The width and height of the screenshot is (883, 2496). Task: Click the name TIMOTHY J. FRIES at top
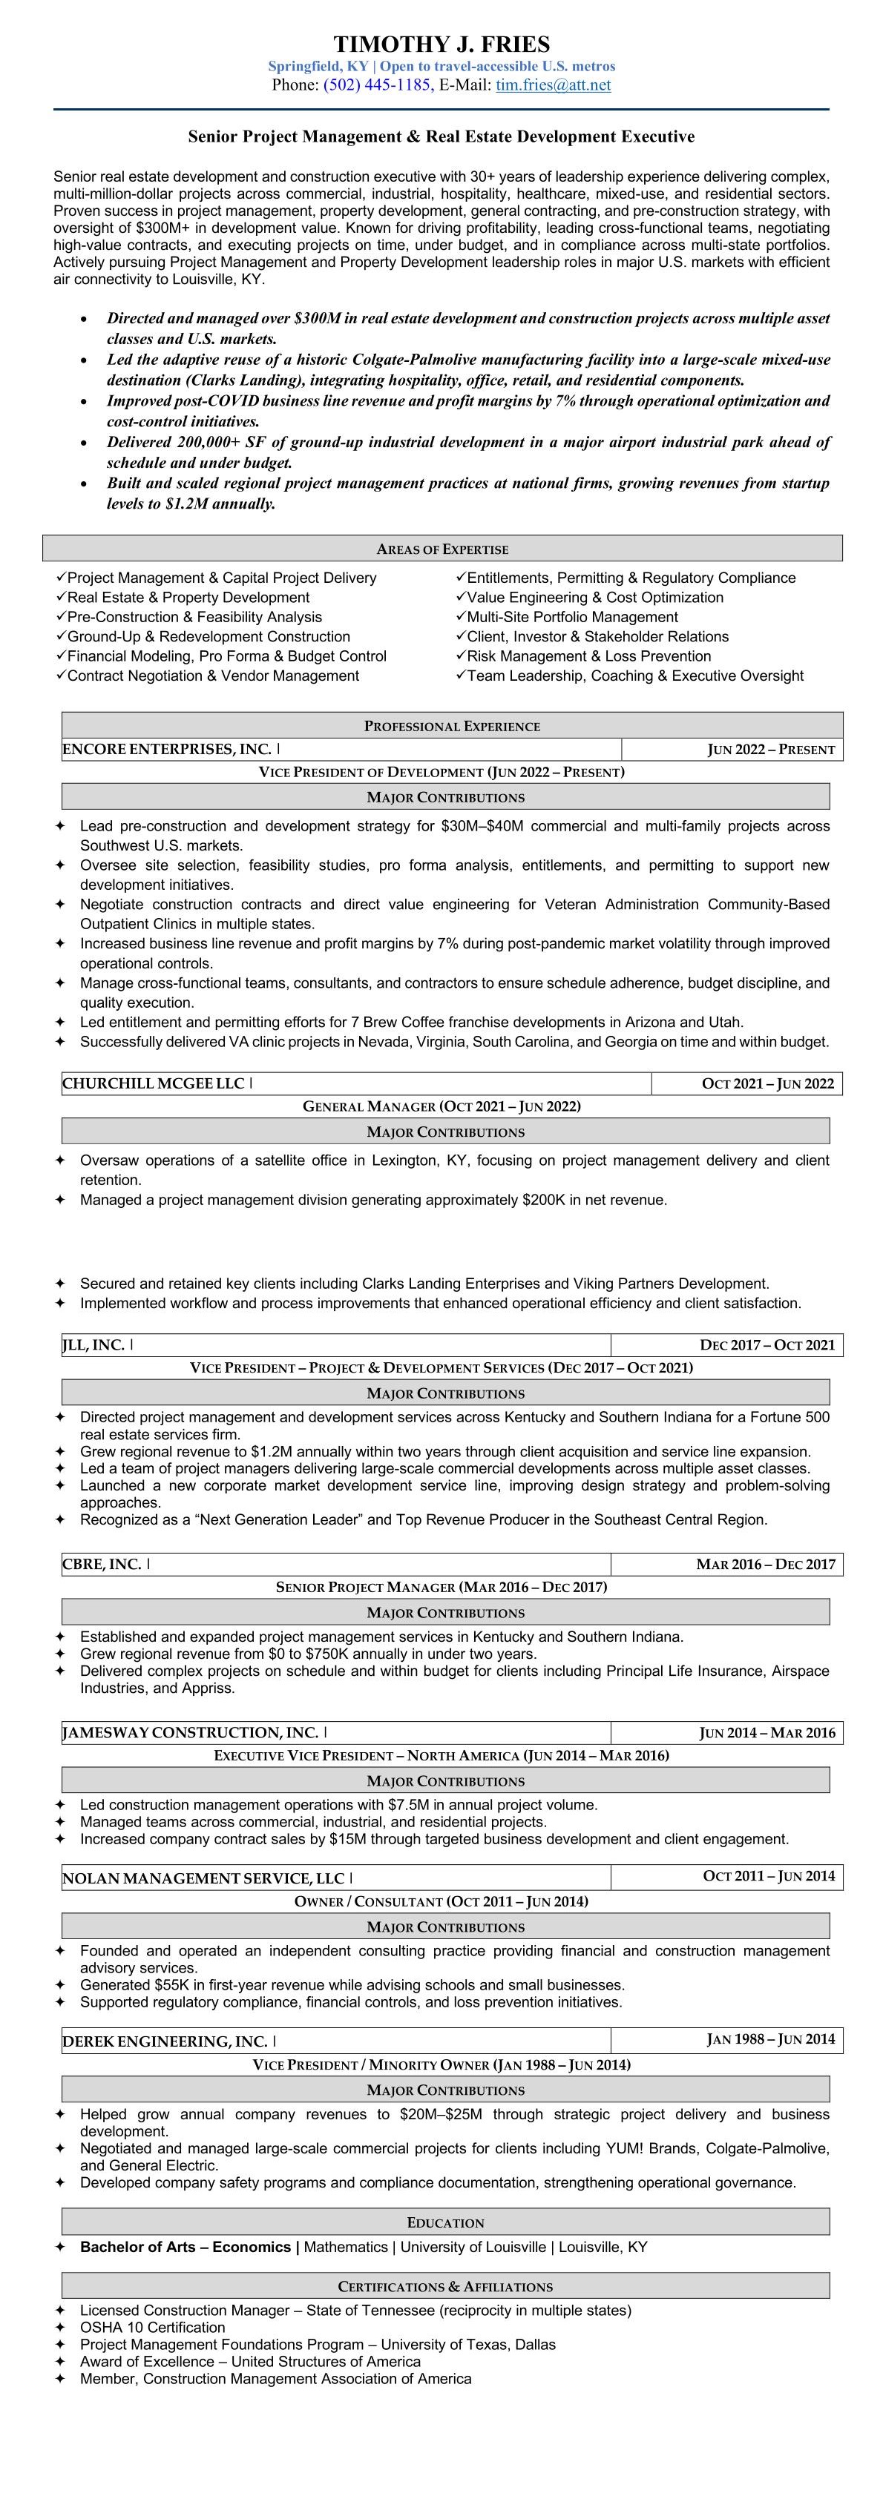click(441, 44)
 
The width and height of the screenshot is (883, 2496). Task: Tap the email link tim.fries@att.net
click(553, 85)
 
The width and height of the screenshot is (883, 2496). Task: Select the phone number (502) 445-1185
click(377, 85)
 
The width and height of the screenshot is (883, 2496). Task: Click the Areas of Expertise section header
click(442, 549)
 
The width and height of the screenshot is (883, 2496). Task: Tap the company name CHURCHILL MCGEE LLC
click(153, 1083)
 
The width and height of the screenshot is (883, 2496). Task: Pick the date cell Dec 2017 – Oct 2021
click(767, 1345)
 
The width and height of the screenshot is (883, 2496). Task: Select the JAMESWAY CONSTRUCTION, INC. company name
click(190, 1732)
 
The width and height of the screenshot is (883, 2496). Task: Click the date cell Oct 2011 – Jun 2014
click(769, 1877)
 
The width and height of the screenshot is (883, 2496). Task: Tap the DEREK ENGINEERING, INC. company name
click(165, 2041)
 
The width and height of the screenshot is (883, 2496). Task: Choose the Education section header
click(445, 2223)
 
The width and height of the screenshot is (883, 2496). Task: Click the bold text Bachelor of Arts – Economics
click(185, 2247)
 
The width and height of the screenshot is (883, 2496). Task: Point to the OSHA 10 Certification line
click(152, 2328)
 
